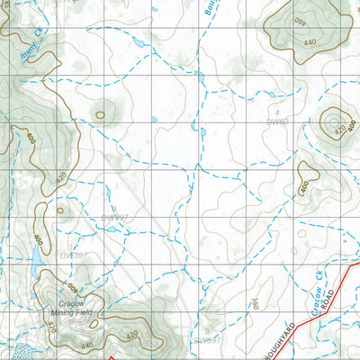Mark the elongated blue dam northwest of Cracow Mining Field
coord(34,263)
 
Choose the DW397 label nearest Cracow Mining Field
coord(74,256)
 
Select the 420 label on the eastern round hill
coord(340,131)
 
